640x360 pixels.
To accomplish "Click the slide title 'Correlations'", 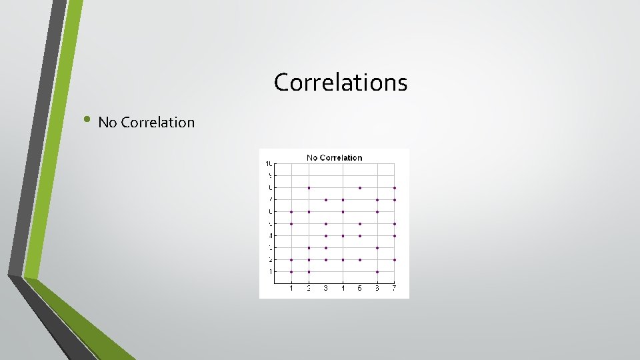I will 340,83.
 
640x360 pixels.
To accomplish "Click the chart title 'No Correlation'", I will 334,158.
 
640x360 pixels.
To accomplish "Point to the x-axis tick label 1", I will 291,288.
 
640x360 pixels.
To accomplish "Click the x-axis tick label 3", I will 326,288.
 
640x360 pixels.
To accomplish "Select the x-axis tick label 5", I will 360,288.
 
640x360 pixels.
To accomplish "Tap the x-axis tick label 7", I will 394,288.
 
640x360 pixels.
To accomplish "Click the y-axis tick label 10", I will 268,164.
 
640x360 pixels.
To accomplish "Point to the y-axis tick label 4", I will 270,235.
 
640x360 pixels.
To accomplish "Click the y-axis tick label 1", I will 270,271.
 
